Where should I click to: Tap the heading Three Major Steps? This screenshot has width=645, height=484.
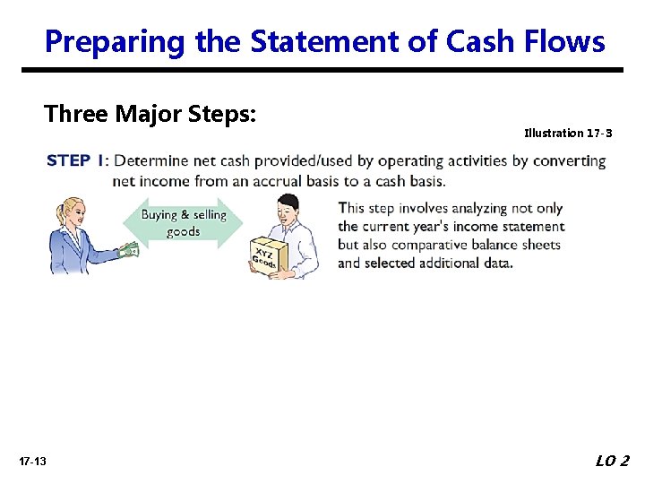(150, 114)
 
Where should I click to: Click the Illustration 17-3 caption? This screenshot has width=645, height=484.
(568, 133)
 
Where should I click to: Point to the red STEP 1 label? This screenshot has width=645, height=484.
(75, 161)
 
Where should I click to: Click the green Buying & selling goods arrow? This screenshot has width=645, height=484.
(183, 223)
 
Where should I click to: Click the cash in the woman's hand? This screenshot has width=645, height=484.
(130, 252)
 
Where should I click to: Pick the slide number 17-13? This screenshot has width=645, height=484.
(32, 461)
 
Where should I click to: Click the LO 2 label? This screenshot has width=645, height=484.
(612, 461)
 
